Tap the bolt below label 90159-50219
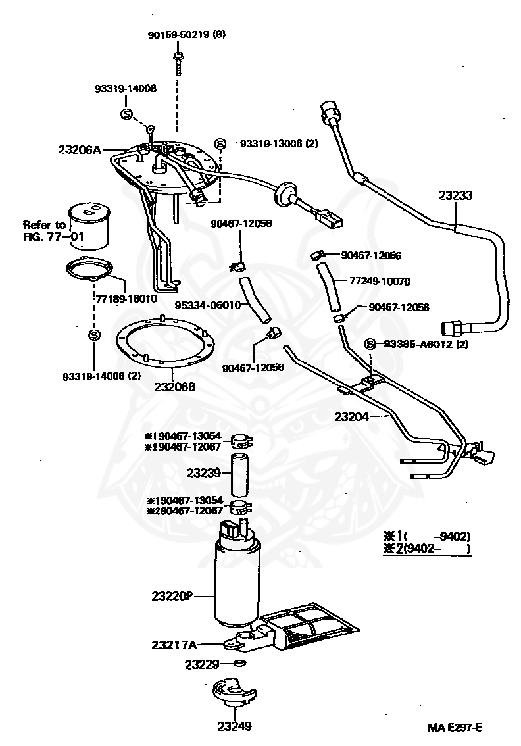tap(178, 62)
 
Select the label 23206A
tap(79, 150)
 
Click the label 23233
tap(457, 195)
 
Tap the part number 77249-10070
tap(380, 281)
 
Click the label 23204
tap(351, 416)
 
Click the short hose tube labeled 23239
tap(240, 475)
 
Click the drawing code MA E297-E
tap(455, 727)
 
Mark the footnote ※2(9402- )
tap(428, 549)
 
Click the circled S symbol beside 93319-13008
tap(220, 143)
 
